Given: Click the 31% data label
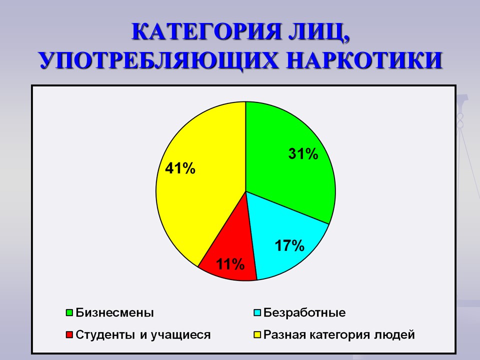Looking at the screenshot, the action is (x=303, y=153).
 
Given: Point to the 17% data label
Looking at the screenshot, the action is (x=289, y=245).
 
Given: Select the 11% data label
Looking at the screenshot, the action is (x=230, y=264).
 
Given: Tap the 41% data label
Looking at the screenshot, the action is (x=180, y=168).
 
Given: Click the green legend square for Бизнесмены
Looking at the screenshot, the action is (x=69, y=312).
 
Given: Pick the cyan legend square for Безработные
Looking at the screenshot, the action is (x=257, y=312).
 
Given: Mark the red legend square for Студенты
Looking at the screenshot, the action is (x=69, y=334).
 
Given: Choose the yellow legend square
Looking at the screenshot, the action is (x=257, y=334).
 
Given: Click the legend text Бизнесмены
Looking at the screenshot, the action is (x=115, y=312).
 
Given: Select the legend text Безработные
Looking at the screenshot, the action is (x=304, y=312).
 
